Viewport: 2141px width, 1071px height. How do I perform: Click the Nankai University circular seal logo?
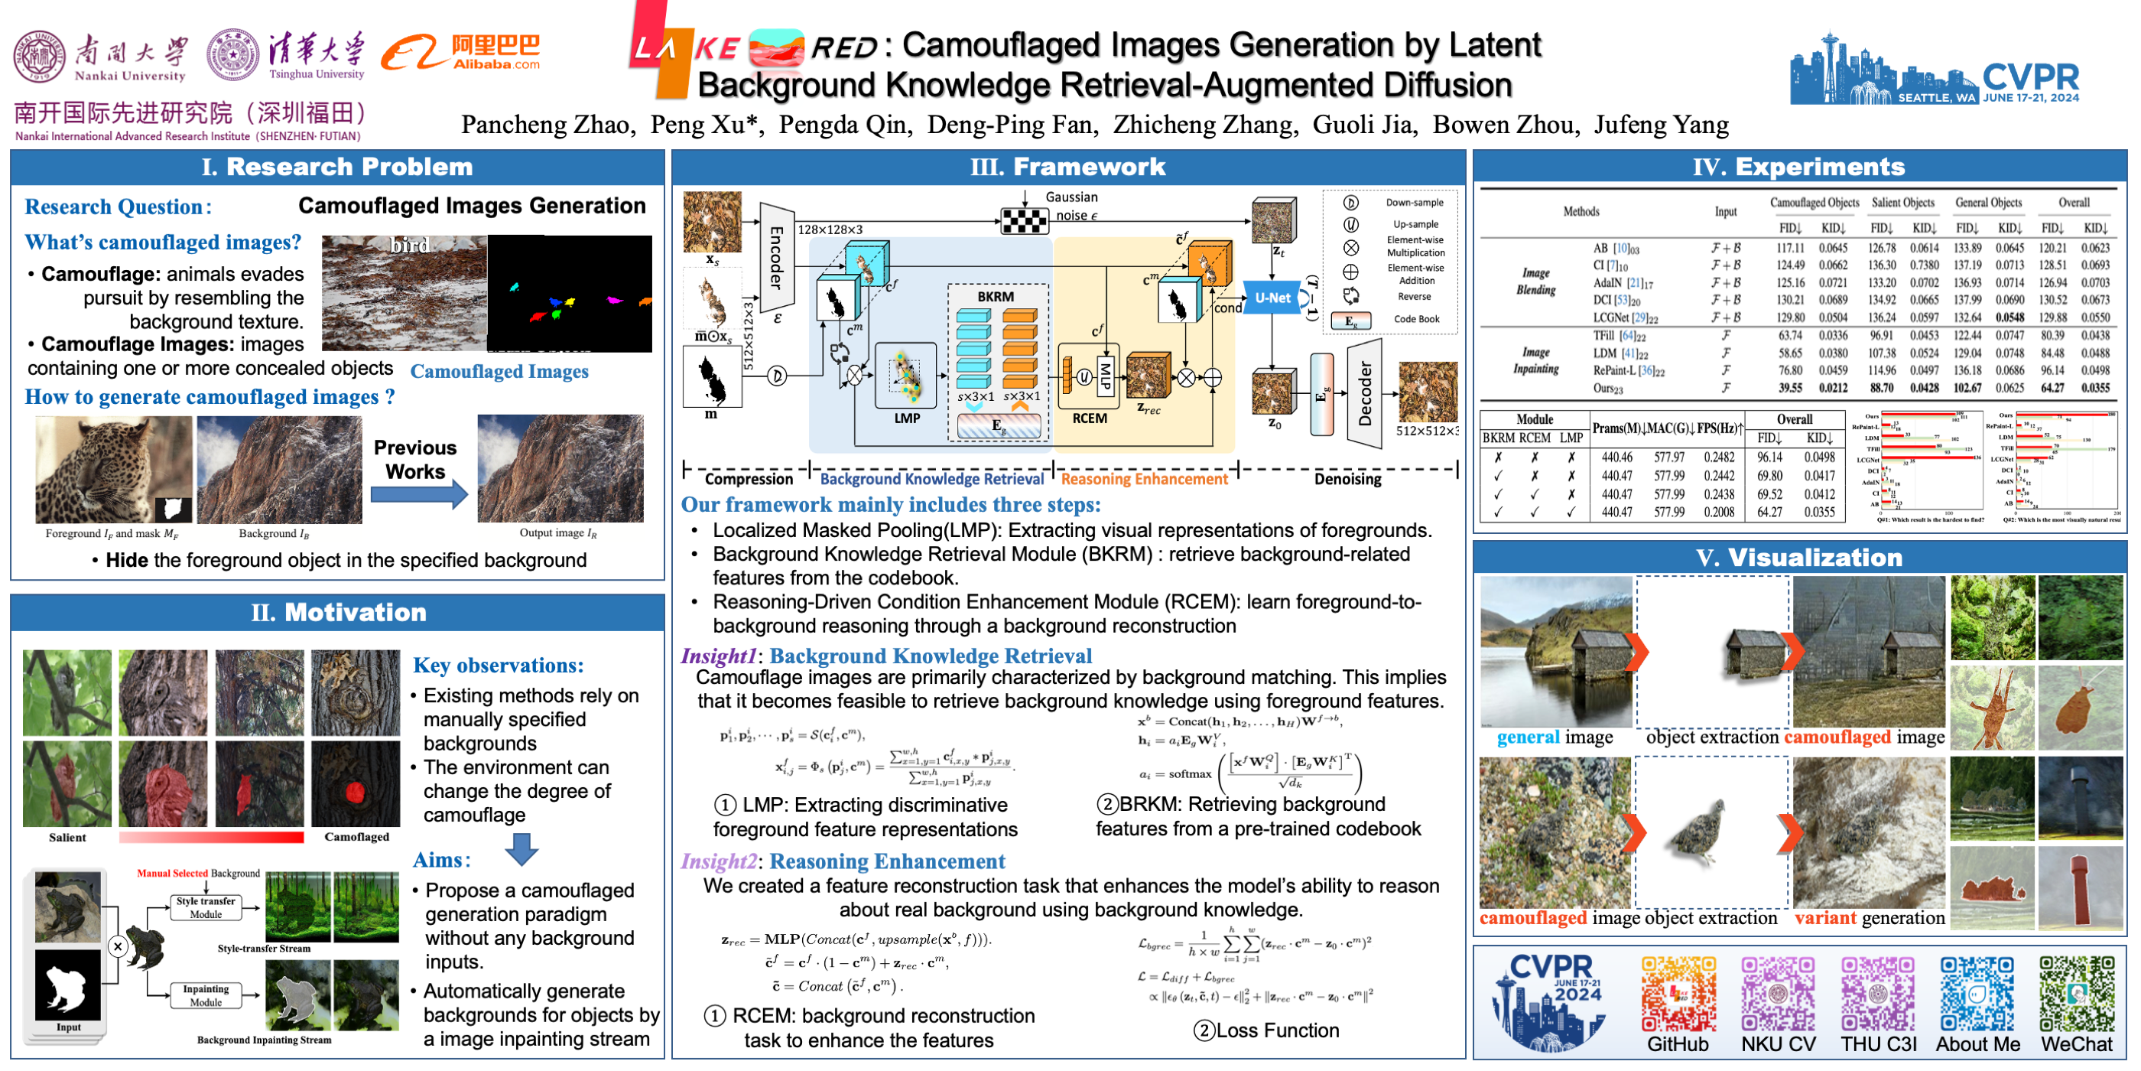point(39,56)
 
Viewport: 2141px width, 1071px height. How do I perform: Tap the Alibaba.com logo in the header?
point(461,52)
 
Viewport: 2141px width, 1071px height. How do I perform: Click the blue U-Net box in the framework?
point(1272,298)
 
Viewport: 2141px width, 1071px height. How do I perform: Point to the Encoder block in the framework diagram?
point(776,257)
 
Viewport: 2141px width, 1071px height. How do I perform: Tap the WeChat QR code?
point(2076,994)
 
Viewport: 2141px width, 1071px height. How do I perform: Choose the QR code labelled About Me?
point(1977,994)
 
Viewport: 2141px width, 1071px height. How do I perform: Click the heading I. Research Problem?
point(336,167)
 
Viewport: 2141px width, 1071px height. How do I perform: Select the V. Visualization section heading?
point(1798,558)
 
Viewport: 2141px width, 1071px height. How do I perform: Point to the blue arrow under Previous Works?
point(418,495)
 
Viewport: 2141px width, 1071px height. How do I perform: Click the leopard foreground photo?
point(113,469)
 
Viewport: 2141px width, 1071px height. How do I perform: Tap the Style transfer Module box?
point(205,907)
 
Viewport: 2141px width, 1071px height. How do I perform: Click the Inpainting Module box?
point(205,995)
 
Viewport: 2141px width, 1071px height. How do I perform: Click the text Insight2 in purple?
point(718,861)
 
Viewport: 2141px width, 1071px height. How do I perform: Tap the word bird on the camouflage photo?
point(409,246)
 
